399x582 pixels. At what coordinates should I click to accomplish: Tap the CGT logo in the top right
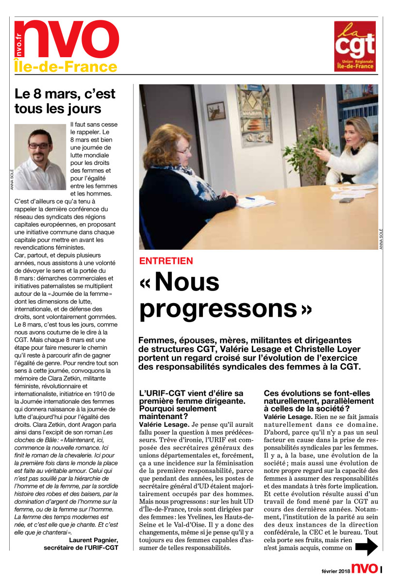[354, 46]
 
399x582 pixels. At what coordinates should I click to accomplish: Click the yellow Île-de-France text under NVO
[66, 67]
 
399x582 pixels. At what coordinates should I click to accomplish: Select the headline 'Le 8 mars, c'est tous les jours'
[66, 100]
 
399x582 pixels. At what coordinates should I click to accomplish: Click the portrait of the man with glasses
[40, 156]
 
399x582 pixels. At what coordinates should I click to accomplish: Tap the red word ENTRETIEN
[166, 261]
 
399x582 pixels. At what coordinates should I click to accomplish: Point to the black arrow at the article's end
[366, 547]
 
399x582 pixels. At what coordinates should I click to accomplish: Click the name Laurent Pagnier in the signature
[93, 540]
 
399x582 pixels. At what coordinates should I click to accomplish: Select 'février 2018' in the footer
[335, 571]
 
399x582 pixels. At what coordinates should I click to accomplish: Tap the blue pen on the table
[250, 198]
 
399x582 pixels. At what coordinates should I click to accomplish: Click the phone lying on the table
[346, 200]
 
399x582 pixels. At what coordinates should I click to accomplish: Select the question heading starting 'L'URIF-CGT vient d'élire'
[192, 405]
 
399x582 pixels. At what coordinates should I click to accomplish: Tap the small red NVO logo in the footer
[364, 569]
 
